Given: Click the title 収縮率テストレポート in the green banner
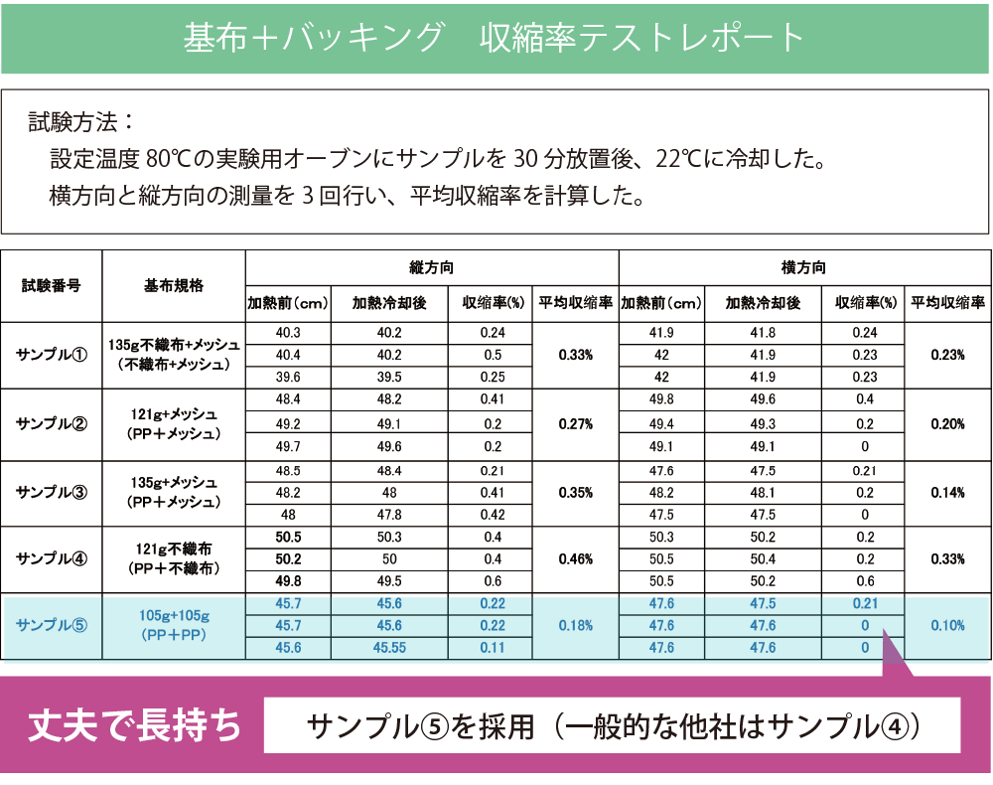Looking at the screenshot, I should point(640,37).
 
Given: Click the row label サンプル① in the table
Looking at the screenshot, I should point(51,355).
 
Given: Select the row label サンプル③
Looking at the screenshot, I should point(51,492).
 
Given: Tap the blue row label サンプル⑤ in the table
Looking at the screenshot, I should point(53,625).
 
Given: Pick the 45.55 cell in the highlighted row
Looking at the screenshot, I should point(390,647).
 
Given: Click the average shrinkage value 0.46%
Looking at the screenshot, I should point(576,559).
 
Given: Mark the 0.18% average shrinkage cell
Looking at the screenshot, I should point(576,625).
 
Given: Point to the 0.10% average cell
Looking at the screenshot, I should point(947,625).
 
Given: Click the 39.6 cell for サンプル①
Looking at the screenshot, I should point(288,377).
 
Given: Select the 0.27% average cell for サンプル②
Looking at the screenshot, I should point(576,423).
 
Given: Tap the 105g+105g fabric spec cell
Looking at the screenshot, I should point(174,625).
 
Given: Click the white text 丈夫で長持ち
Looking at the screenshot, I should point(135,725).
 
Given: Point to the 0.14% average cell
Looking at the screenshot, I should point(947,492).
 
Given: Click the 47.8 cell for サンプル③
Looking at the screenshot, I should point(390,515).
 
